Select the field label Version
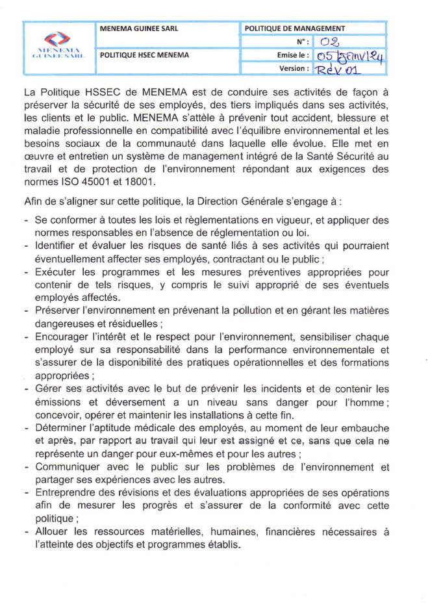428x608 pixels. coord(294,68)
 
